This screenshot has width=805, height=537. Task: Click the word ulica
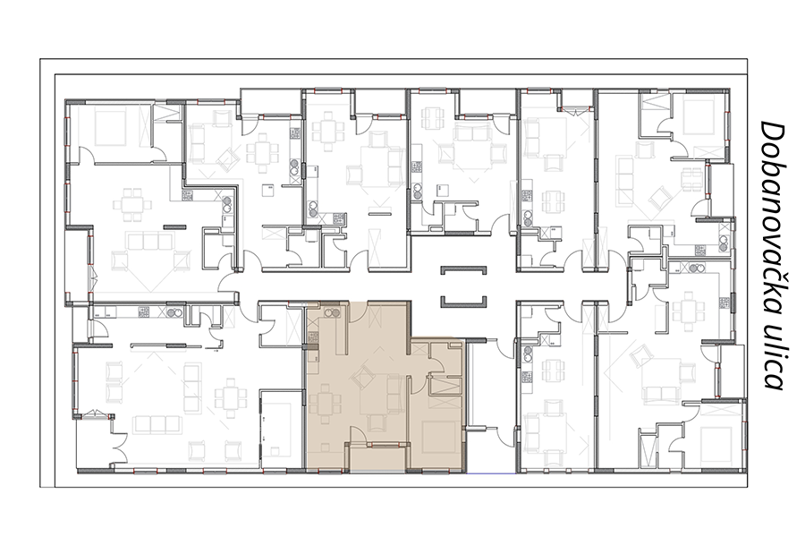(772, 359)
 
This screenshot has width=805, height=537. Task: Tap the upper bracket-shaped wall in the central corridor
(463, 269)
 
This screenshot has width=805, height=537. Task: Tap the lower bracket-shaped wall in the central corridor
(463, 303)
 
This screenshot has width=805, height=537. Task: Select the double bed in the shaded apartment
(440, 437)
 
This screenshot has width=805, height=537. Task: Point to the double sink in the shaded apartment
(331, 312)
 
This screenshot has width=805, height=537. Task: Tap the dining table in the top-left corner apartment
(133, 203)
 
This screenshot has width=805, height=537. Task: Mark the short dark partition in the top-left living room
(175, 226)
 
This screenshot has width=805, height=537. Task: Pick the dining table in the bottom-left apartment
(230, 396)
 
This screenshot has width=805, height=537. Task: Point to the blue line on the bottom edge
(491, 472)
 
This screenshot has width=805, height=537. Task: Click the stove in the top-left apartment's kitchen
(187, 196)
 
